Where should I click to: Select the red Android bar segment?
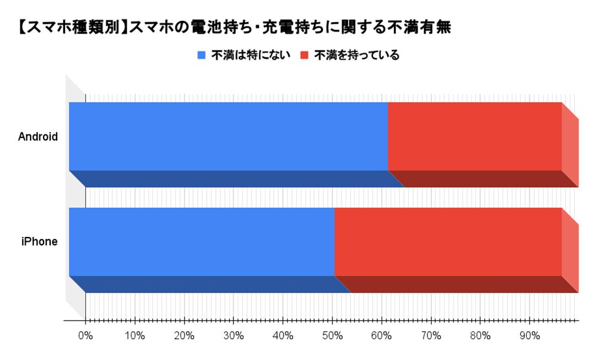click(x=475, y=136)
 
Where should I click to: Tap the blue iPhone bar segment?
click(x=201, y=242)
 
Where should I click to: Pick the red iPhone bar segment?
click(x=448, y=242)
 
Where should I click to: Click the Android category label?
click(x=38, y=137)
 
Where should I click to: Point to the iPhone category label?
click(x=39, y=242)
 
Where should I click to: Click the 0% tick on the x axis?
click(x=86, y=336)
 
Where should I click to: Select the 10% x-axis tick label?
click(x=135, y=336)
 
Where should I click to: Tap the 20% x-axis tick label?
click(x=184, y=336)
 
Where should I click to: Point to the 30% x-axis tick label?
click(x=233, y=336)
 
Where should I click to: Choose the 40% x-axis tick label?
click(x=283, y=336)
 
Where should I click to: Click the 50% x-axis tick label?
click(x=332, y=336)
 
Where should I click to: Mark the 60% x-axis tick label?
click(x=381, y=336)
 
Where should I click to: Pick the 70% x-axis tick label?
click(x=430, y=336)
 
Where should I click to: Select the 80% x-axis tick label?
click(x=480, y=336)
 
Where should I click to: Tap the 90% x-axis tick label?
click(x=529, y=336)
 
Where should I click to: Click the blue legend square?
click(x=201, y=56)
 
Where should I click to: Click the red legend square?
click(x=304, y=56)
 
